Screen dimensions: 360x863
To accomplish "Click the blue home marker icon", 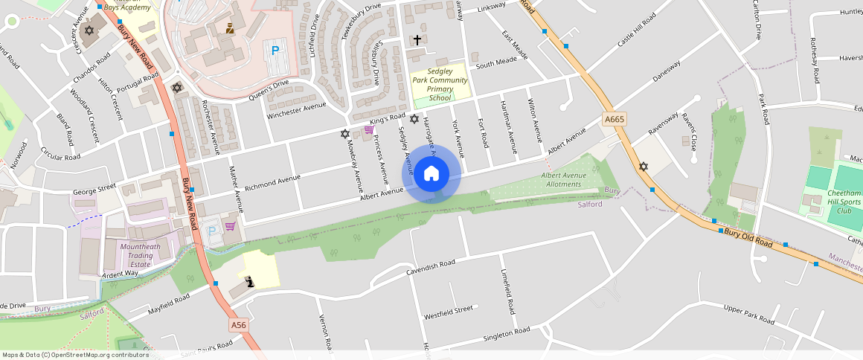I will coord(431,173).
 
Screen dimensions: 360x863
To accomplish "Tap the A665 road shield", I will coord(615,119).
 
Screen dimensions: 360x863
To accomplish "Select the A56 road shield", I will coord(238,325).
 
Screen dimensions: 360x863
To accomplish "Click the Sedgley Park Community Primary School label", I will coord(440,84).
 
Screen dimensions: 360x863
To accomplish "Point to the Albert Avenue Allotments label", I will coord(563,180).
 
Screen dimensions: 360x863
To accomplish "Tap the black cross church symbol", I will coord(417,39).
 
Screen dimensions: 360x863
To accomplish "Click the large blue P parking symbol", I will coord(275,51).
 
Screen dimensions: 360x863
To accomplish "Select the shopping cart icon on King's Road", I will coord(368,130).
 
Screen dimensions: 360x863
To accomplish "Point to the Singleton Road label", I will coord(506,332).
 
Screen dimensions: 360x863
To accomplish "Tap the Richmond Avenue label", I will coord(272,181).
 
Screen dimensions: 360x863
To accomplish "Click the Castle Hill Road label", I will coord(636,30).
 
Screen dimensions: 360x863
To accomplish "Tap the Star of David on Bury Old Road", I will coord(644,166).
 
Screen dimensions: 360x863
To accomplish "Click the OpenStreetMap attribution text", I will coord(75,355).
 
